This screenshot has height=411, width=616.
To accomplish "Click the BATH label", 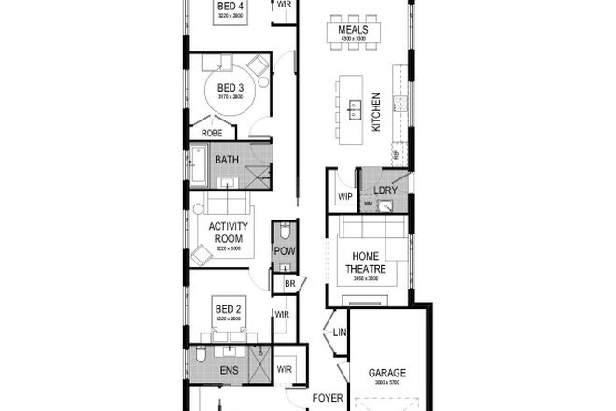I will pyautogui.click(x=227, y=160).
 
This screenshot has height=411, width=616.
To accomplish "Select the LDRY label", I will pyautogui.click(x=385, y=191).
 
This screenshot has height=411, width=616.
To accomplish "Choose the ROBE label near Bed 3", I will pyautogui.click(x=212, y=134).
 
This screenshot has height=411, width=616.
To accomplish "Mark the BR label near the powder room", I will pyautogui.click(x=290, y=284).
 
